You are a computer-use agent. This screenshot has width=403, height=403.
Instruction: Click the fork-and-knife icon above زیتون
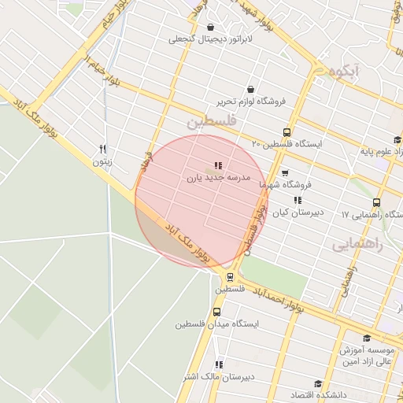pos(102,150)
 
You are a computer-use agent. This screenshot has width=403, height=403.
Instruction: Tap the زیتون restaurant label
pos(102,162)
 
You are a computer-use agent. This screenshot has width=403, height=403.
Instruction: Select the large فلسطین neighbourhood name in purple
pos(211,124)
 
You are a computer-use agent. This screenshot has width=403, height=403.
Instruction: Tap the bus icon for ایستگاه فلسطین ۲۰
pos(287,132)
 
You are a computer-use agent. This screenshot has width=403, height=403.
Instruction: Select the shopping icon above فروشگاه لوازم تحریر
pos(250,89)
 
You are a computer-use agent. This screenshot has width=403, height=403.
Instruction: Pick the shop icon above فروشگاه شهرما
pos(285,173)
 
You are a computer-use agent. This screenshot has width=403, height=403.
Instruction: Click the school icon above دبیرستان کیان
pos(298,201)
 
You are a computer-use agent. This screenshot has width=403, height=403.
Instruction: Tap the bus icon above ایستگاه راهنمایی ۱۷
pos(377,202)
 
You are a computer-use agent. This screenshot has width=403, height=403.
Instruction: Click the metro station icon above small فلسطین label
pos(230,277)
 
